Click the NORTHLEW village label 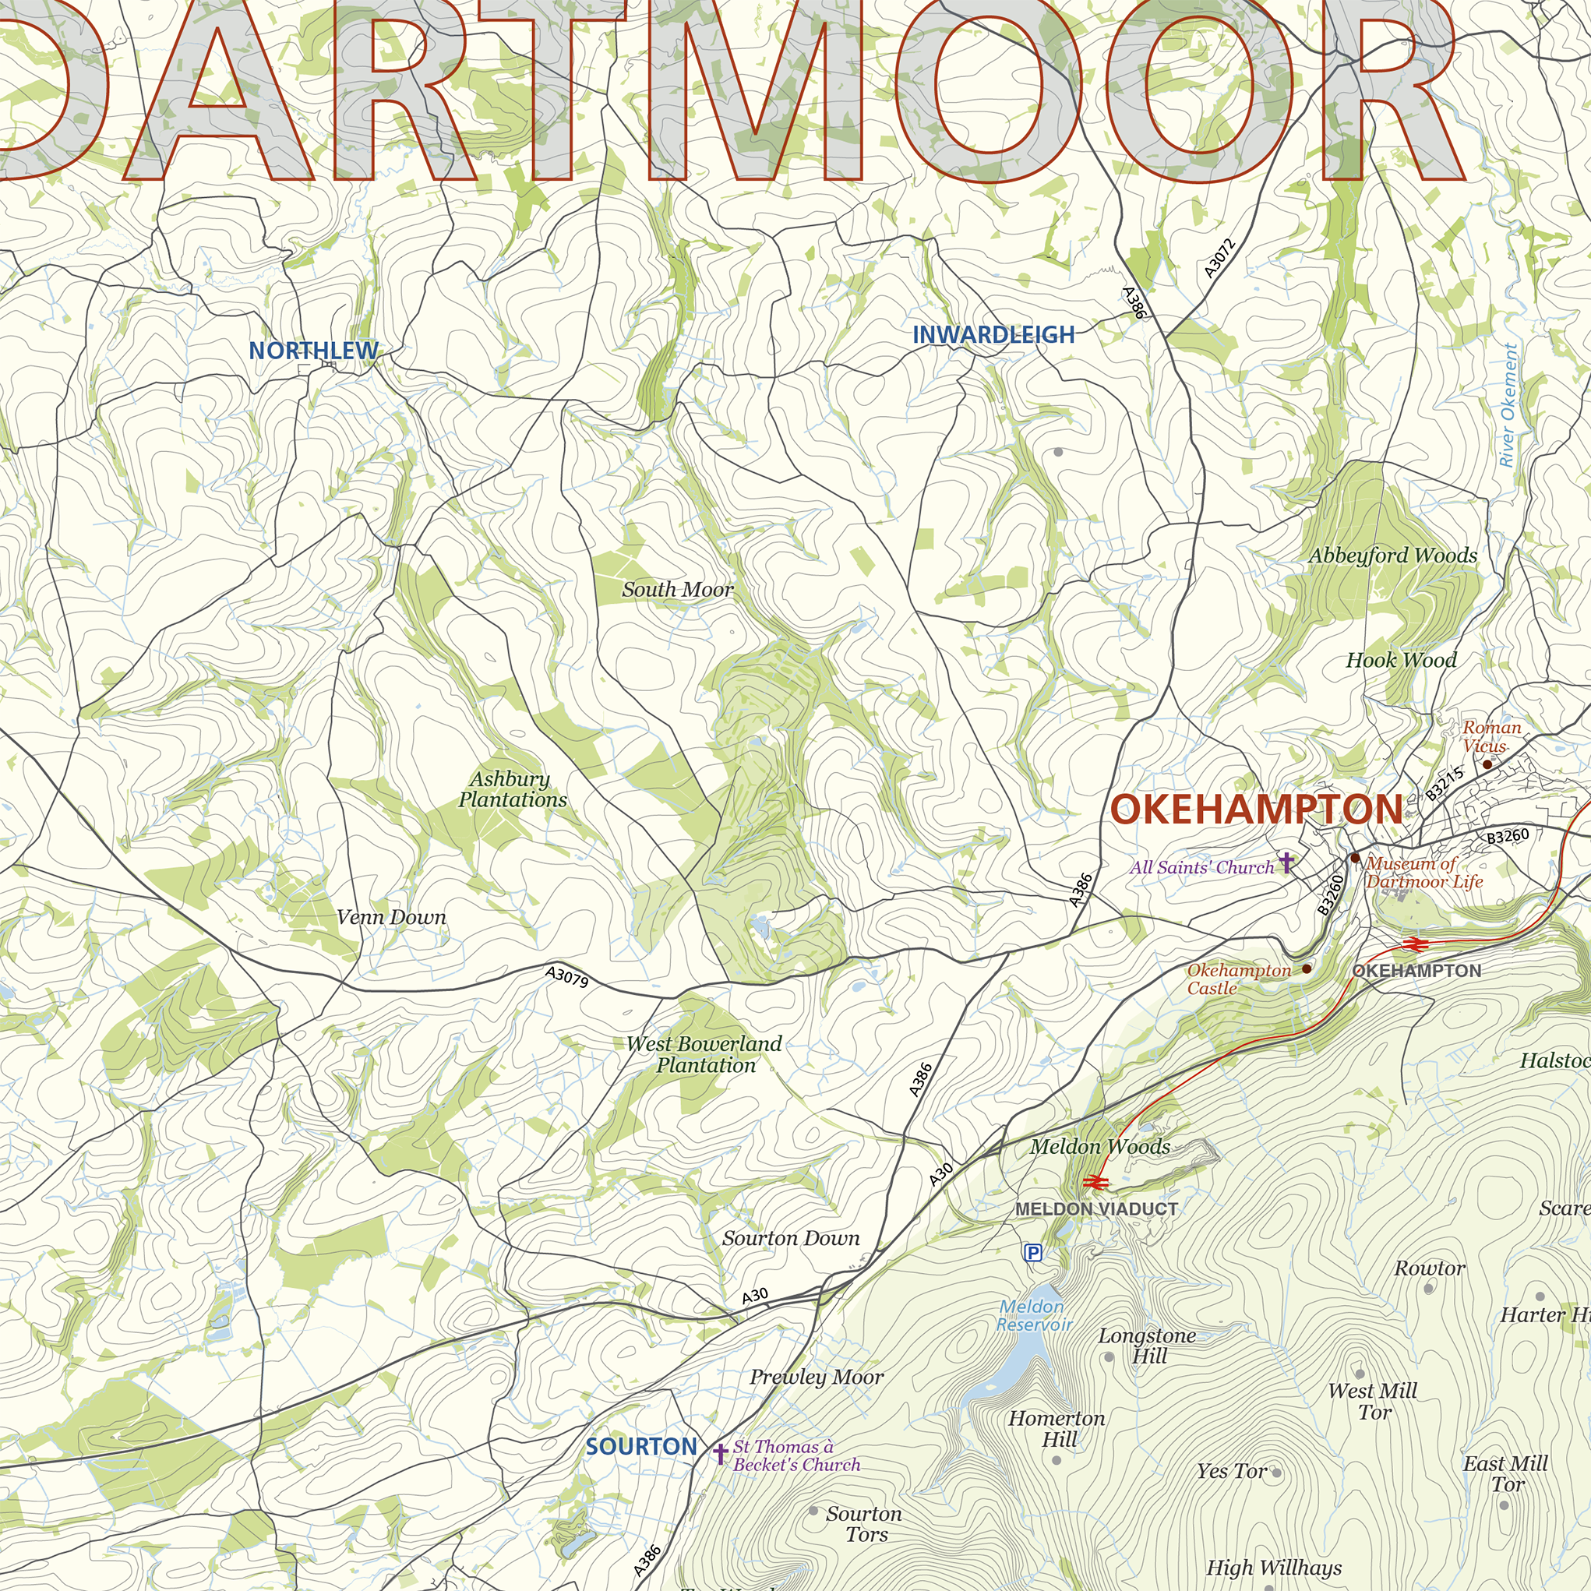(x=314, y=351)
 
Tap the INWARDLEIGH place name (x=993, y=335)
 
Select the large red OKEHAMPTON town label (x=1256, y=810)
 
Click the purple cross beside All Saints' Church (x=1286, y=863)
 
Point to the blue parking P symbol (x=1032, y=1254)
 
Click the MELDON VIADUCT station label (x=1096, y=1209)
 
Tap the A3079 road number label (x=567, y=977)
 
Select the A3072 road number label (x=1219, y=259)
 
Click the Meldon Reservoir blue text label (x=1033, y=1315)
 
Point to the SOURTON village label (x=641, y=1447)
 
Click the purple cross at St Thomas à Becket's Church (x=721, y=1453)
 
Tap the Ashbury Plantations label (x=512, y=789)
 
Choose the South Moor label (x=677, y=590)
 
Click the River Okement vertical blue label (x=1508, y=405)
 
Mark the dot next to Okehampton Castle (x=1307, y=969)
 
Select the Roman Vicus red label (x=1490, y=736)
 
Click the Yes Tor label (x=1232, y=1471)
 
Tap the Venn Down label (x=391, y=917)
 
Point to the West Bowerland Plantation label (x=704, y=1054)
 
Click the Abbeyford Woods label (x=1392, y=556)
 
